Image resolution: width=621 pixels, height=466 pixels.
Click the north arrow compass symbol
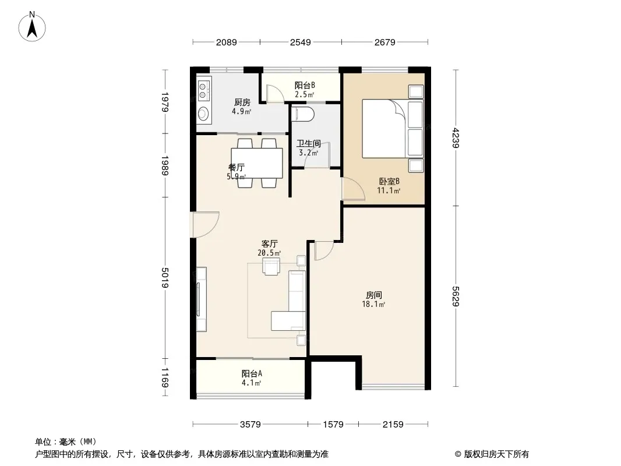point(32,27)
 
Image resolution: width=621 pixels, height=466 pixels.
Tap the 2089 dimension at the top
point(226,42)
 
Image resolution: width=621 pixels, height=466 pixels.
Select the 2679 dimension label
point(384,42)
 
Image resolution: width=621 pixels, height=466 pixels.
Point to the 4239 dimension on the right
point(456,138)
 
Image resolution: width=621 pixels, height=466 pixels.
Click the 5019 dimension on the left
point(165,277)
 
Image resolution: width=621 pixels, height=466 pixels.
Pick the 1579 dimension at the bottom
point(333,425)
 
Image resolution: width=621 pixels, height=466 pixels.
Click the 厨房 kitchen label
point(242,103)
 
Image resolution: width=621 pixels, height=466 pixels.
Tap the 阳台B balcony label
point(305,85)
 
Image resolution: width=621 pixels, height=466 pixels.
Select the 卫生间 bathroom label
point(309,143)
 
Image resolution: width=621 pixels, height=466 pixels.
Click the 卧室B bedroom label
point(389,181)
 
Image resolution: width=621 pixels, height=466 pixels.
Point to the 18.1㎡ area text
point(373,304)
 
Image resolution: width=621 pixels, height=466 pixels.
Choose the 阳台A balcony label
point(252,373)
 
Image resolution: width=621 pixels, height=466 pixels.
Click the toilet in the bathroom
point(303,114)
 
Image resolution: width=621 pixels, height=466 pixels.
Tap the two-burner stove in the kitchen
point(204,90)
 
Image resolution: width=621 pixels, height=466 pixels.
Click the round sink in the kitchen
point(203,114)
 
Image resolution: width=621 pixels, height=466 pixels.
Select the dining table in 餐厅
point(257,163)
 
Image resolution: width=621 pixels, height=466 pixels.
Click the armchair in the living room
point(271,266)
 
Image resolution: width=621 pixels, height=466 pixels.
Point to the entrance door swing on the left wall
point(205,224)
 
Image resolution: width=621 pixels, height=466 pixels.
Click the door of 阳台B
point(274,94)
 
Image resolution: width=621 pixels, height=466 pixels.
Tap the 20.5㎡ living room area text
point(269,253)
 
